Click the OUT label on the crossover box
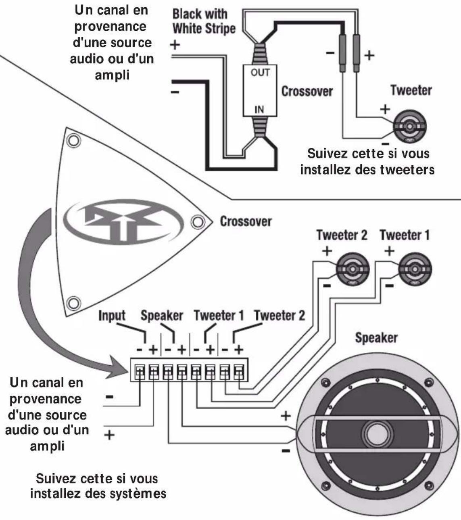(x=260, y=73)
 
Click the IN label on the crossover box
(x=259, y=109)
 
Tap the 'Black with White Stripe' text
(x=204, y=21)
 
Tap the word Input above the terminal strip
(x=112, y=316)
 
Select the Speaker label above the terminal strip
(x=162, y=316)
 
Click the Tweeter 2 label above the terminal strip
(x=280, y=315)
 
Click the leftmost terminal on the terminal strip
(x=139, y=371)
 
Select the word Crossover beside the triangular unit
(x=246, y=221)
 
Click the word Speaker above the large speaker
(x=376, y=338)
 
